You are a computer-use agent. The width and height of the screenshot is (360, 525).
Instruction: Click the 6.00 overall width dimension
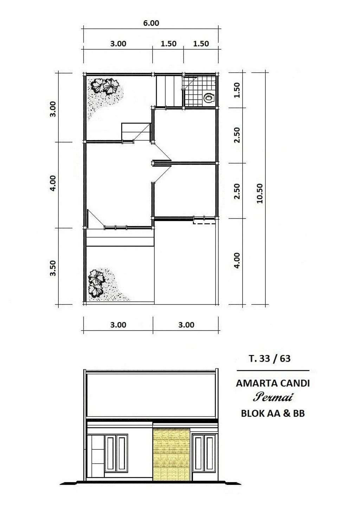pos(151,23)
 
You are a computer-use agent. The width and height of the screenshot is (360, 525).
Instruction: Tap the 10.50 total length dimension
pos(260,193)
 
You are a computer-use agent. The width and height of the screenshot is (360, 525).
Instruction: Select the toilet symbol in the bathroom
pos(209,98)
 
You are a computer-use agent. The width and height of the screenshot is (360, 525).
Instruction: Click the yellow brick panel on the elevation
pos(171,454)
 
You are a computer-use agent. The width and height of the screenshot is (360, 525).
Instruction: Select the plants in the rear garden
pos(105,86)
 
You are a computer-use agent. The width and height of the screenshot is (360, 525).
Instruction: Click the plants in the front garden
pos(96,284)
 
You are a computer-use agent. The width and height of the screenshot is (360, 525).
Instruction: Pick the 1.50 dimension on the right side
pos(237,90)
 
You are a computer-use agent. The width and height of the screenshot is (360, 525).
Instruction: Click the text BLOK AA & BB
pos(273,413)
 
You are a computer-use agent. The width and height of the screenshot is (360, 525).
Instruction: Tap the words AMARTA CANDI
pos(273,383)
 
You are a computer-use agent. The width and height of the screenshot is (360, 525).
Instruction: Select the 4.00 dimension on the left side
pos(53,183)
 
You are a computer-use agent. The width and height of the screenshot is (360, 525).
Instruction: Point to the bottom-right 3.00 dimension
pos(186,325)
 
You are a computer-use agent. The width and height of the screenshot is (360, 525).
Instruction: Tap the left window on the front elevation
pos(116,453)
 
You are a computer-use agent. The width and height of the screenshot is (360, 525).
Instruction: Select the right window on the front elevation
pos(204,453)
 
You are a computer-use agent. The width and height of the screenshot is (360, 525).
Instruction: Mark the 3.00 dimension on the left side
pos(53,109)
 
